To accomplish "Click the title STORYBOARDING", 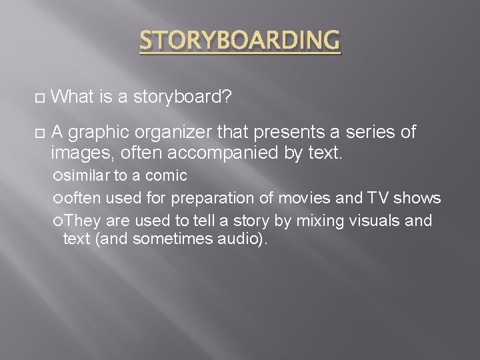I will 239,41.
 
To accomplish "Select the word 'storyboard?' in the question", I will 182,98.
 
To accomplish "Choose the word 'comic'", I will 166,176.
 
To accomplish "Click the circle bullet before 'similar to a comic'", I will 59,177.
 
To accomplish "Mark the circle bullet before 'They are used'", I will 59,221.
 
